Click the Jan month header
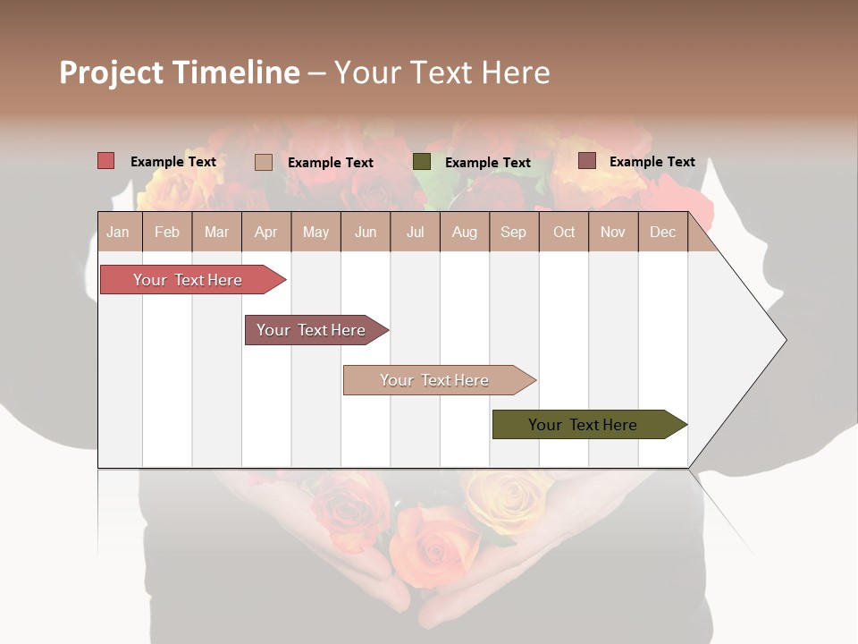tap(118, 233)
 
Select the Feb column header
tap(167, 233)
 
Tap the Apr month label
tap(265, 233)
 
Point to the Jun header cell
tap(366, 233)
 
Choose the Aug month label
tap(464, 233)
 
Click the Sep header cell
tap(513, 233)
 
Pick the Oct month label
tap(564, 233)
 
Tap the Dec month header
tap(662, 233)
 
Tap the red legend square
tap(106, 161)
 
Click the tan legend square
tap(264, 162)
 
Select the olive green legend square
tap(422, 162)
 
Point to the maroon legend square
tap(586, 161)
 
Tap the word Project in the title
tap(112, 72)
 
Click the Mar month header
tap(216, 233)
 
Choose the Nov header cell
tap(612, 233)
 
